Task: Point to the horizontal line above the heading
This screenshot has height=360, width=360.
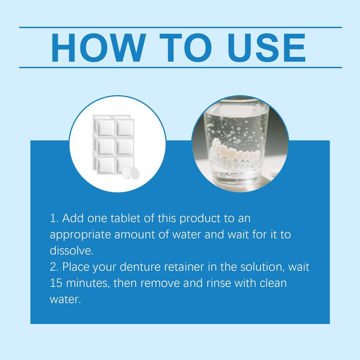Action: (x=180, y=27)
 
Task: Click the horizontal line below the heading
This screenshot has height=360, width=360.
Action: (x=180, y=67)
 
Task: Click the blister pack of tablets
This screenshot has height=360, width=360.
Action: (x=113, y=143)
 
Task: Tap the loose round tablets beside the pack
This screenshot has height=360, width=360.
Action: (x=131, y=173)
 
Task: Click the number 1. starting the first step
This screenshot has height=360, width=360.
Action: (x=54, y=218)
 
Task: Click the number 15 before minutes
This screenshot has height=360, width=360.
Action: (x=56, y=283)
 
